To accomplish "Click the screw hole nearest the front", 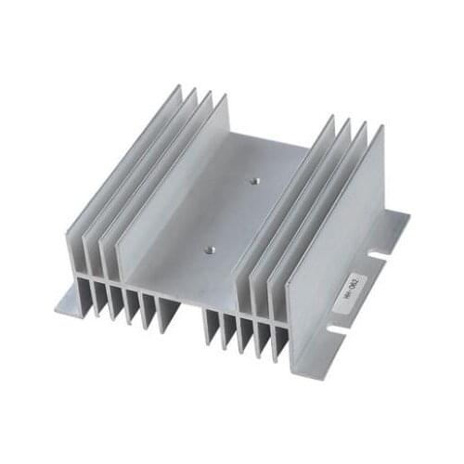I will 209,249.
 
